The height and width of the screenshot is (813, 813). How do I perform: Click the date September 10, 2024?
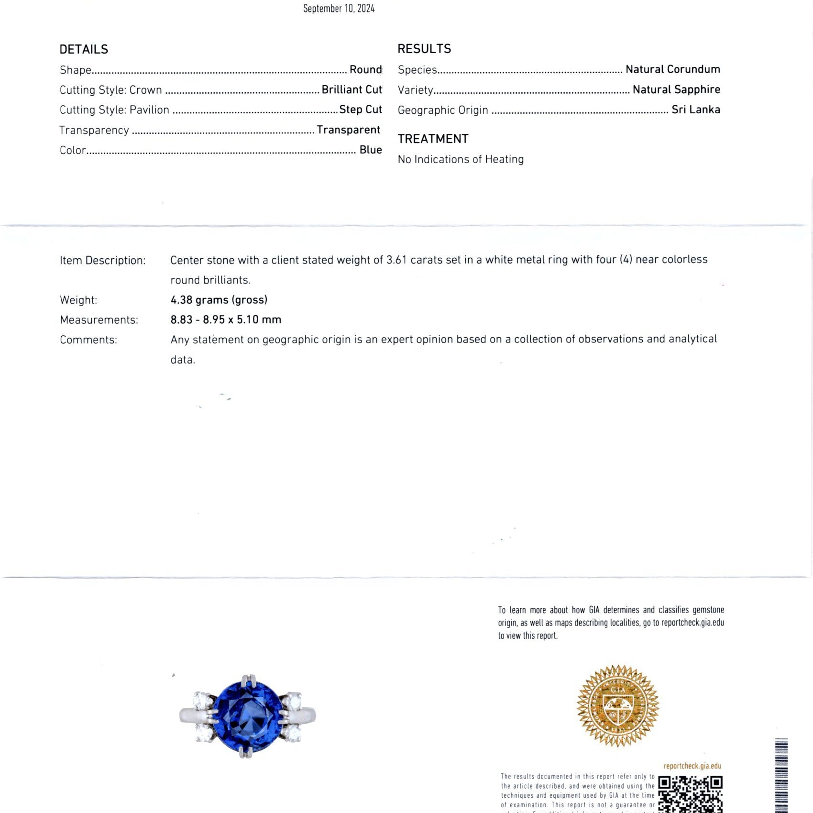[x=339, y=8]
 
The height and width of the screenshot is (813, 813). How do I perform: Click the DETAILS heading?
[x=84, y=49]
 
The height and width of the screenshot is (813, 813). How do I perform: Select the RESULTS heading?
[x=424, y=49]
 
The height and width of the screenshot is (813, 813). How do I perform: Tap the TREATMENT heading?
[x=433, y=139]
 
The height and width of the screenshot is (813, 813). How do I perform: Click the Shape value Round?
[x=365, y=69]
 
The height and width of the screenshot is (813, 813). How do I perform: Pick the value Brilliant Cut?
[x=352, y=89]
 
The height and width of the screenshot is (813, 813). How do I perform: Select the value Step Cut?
[x=360, y=110]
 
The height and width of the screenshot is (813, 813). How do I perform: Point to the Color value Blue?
[x=371, y=150]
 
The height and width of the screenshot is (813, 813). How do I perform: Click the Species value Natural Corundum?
[x=672, y=69]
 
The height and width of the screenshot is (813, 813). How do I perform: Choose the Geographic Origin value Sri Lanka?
[x=695, y=110]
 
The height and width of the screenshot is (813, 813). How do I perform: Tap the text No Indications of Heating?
[x=461, y=159]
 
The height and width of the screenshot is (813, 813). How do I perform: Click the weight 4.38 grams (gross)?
[x=219, y=300]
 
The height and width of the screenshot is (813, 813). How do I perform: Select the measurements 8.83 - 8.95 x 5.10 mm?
[x=226, y=319]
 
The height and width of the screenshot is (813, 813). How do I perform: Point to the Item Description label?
[x=102, y=261]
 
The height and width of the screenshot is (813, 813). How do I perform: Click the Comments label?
[x=88, y=340]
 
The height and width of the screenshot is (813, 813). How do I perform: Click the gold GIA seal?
[x=617, y=705]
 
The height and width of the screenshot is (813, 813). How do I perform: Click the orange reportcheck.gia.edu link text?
[x=692, y=766]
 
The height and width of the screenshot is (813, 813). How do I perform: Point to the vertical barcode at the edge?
[x=781, y=775]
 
